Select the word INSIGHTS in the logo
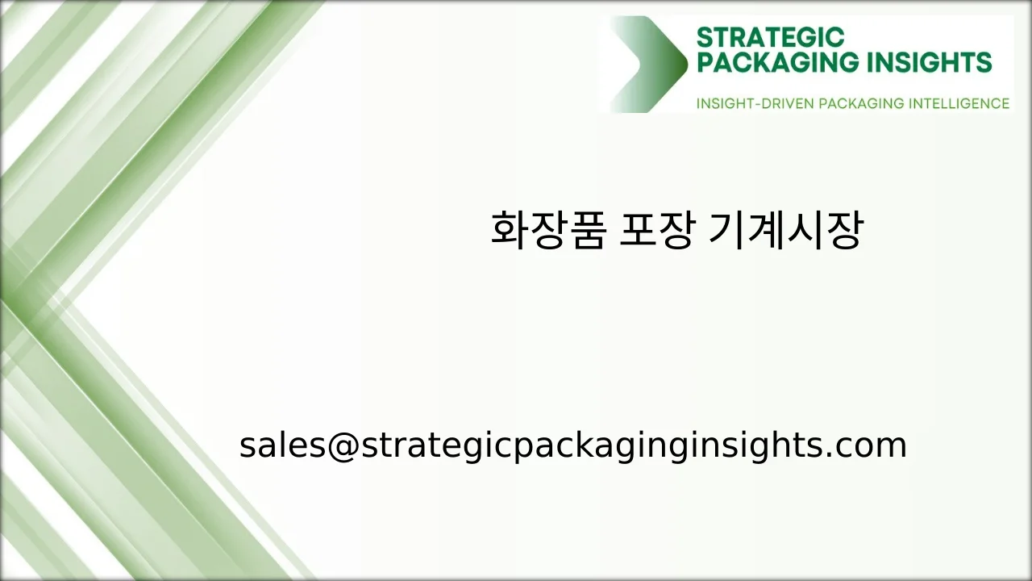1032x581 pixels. tap(936, 62)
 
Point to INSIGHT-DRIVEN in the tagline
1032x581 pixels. tap(754, 103)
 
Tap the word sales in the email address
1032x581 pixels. tap(282, 445)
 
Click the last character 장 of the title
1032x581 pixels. tap(844, 231)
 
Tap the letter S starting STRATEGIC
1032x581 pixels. tap(704, 37)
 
